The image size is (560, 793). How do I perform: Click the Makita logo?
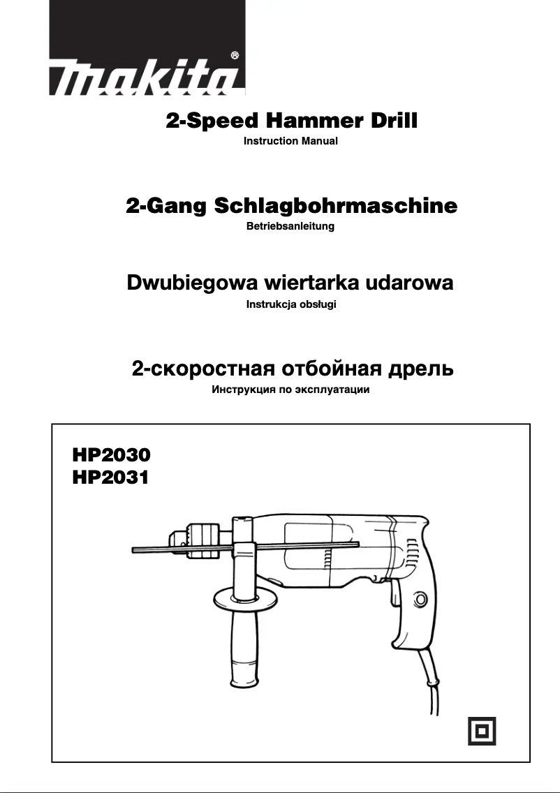(147, 76)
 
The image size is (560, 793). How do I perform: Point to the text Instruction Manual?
(290, 141)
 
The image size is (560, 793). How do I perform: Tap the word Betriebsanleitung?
(290, 226)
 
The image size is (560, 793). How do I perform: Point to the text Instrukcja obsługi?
(291, 305)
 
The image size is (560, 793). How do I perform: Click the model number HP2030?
(111, 456)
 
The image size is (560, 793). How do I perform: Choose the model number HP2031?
(111, 478)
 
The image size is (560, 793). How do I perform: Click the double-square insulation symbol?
(482, 730)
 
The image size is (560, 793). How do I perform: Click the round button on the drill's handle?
(420, 599)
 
